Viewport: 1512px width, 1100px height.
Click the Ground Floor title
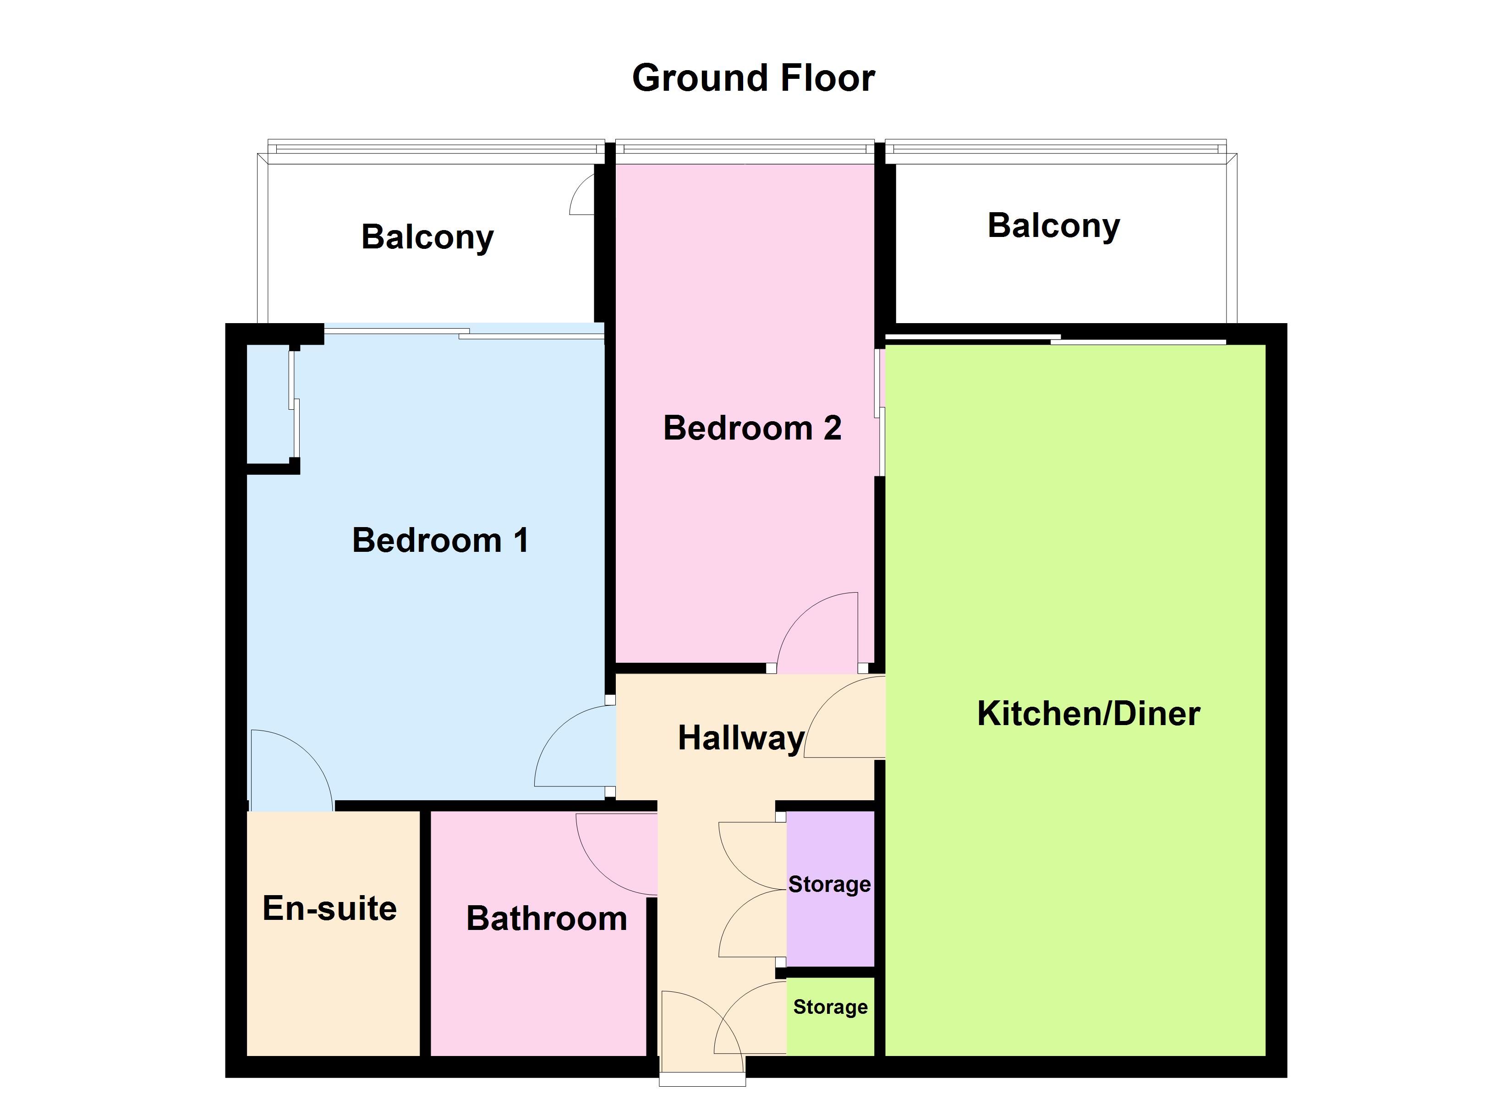[753, 78]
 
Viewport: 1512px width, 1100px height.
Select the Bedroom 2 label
[752, 428]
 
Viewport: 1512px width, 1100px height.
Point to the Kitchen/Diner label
[1089, 713]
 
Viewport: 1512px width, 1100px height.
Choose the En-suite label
[329, 908]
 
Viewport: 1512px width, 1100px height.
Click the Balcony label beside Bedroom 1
[427, 237]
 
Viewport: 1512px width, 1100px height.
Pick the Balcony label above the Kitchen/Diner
[1053, 226]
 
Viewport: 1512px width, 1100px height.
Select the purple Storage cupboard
[830, 889]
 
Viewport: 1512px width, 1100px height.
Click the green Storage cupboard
[830, 1017]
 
